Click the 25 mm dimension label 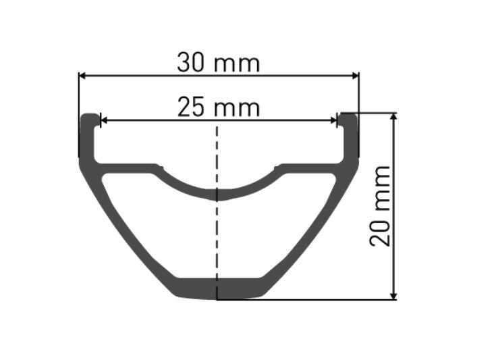[218, 107]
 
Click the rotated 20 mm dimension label [382, 205]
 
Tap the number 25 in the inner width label [192, 107]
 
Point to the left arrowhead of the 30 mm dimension [83, 76]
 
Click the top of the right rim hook [348, 115]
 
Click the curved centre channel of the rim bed [217, 195]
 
